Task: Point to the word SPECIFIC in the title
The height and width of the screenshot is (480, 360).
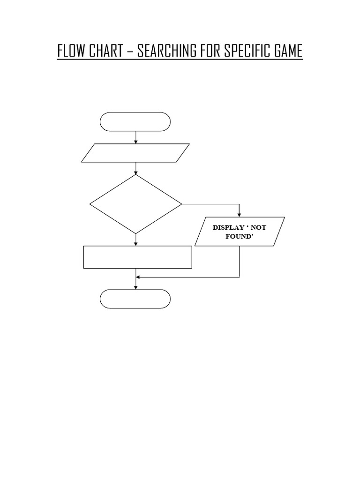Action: [x=247, y=51]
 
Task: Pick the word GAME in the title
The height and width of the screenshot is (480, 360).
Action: [x=288, y=51]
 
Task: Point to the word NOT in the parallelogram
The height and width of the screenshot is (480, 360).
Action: [x=259, y=227]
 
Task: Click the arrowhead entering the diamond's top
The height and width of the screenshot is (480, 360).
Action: [x=135, y=172]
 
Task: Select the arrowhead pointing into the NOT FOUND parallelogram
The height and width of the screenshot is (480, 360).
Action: [x=240, y=215]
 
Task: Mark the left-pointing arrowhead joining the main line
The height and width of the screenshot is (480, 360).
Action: [x=138, y=277]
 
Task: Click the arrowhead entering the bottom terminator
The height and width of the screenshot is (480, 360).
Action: [x=135, y=287]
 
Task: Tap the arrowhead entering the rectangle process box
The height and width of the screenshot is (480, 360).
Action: [x=135, y=244]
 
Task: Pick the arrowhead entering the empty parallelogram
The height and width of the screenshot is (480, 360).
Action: [x=135, y=142]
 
